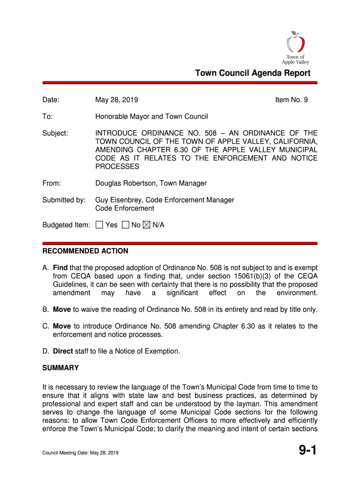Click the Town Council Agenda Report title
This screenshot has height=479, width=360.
pos(252,73)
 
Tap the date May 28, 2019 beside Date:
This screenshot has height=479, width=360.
pos(116,100)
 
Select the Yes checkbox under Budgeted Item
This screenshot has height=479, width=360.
pos(99,225)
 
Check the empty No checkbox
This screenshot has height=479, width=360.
pos(125,225)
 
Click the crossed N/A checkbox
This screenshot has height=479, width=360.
pos(146,225)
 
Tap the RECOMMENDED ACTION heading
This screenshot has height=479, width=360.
pos(85,251)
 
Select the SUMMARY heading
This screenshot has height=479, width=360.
pos(60,368)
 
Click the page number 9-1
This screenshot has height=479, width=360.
pos(308,451)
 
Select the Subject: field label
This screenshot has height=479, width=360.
pos(55,133)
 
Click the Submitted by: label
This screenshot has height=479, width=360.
pos(64,200)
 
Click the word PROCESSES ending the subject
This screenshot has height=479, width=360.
pos(117,167)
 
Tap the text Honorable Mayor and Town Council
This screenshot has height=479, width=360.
pos(151,116)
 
